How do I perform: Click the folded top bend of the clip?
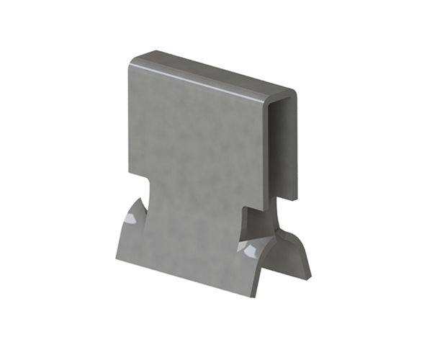click(216, 72)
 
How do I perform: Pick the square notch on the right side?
click(248, 216)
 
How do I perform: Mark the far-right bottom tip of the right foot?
click(310, 275)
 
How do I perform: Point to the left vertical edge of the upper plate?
click(130, 122)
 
